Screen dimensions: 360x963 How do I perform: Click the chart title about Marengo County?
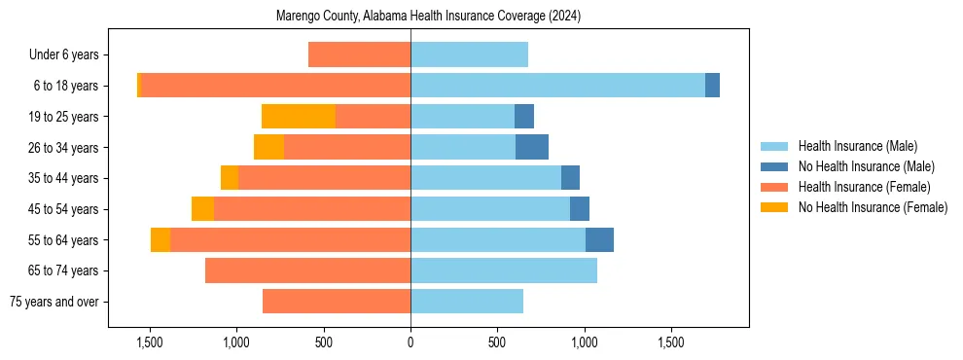428,16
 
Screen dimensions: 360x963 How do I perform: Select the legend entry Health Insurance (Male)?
857,146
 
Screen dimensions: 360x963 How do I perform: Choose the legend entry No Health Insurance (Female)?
873,207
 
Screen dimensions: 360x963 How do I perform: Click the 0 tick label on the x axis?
410,343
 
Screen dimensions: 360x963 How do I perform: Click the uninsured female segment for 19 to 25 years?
299,117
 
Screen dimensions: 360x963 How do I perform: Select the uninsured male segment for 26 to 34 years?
532,147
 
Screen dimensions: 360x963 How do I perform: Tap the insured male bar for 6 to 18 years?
557,86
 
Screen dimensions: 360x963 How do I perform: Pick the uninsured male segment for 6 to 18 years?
712,86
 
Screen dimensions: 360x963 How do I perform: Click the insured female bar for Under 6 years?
359,55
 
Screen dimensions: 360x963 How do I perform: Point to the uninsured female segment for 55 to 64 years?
160,239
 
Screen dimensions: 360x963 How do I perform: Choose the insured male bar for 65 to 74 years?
504,270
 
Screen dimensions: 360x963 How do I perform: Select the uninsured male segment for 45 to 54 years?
580,209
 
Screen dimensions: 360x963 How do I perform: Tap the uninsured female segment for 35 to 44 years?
230,178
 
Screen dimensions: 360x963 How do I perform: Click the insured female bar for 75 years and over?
337,302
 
